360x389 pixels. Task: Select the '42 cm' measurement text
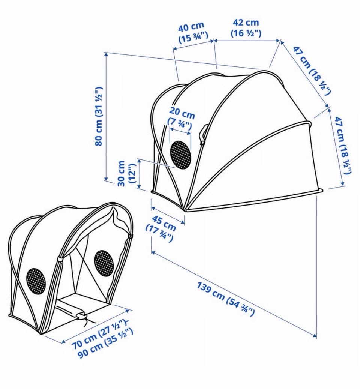[x=246, y=23]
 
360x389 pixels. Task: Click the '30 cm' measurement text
[x=121, y=173]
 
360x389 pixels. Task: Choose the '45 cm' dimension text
[x=163, y=223]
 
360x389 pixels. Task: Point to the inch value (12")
[x=132, y=173]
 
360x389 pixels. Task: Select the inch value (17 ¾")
[x=159, y=233]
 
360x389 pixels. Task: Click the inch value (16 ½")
[x=246, y=33]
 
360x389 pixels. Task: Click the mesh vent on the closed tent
[x=180, y=155]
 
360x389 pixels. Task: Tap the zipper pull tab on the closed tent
[x=204, y=133]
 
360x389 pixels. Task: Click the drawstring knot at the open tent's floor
[x=81, y=316]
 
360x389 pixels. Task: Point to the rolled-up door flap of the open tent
[x=121, y=219]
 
